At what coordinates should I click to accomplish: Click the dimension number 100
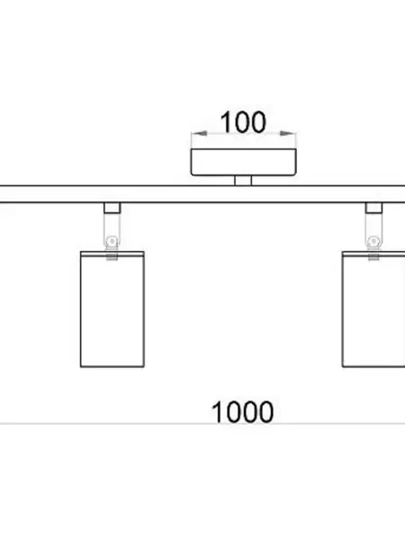point(243,122)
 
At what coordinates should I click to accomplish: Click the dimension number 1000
point(242,412)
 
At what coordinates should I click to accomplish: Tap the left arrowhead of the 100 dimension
point(199,133)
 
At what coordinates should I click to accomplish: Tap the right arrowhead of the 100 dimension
point(288,133)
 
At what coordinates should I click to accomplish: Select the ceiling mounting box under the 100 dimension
point(244,162)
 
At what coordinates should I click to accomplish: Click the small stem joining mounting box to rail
point(243,181)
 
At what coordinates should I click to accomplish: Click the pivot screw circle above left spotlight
point(112,242)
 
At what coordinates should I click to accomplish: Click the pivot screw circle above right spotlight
point(373,242)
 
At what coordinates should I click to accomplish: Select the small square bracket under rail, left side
point(112,208)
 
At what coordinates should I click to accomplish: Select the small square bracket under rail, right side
point(373,208)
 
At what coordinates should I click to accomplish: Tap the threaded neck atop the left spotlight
point(112,256)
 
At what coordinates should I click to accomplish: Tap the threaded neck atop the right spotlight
point(373,256)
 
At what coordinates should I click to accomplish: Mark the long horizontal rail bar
point(202,194)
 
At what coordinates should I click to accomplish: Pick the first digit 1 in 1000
point(217,412)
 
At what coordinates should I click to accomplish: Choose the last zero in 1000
point(265,412)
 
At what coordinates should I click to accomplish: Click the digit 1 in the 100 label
point(225,122)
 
